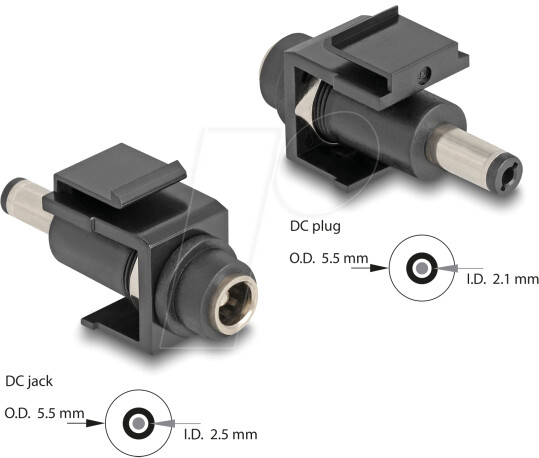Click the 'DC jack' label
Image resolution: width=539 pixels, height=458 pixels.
[27, 380]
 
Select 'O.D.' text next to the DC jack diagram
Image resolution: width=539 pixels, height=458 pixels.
[21, 412]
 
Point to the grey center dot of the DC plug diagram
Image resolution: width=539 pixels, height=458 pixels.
[421, 269]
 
